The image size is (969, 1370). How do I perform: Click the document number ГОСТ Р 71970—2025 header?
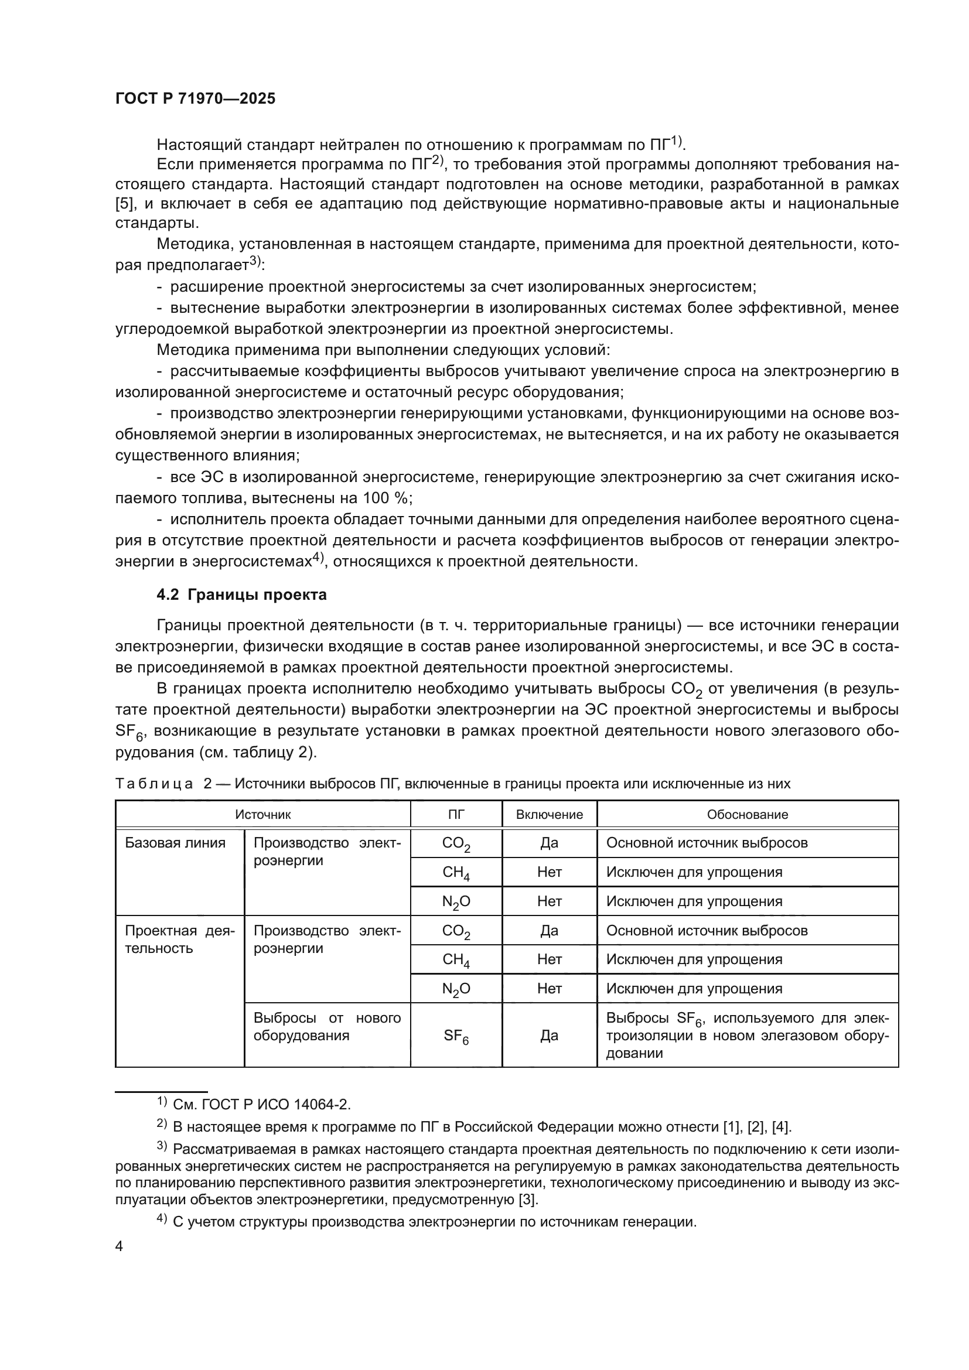tap(195, 99)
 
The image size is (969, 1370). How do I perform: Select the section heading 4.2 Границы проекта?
tap(241, 595)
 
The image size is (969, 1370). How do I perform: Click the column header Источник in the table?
tap(262, 815)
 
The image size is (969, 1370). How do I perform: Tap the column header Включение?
tap(549, 815)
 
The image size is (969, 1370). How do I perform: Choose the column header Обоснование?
tap(747, 815)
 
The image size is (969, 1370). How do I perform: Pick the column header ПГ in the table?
tap(456, 815)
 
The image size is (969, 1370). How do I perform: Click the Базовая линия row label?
tap(175, 843)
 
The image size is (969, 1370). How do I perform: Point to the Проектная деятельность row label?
tap(179, 939)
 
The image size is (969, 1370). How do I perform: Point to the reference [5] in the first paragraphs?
tap(123, 204)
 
